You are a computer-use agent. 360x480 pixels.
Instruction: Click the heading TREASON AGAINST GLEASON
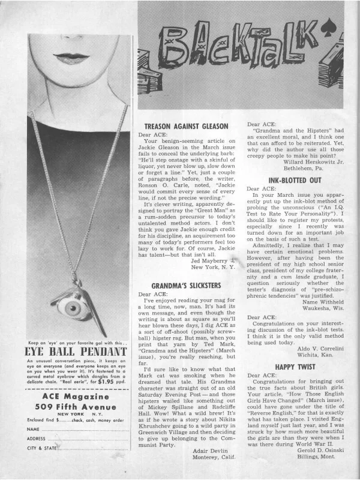pyautogui.click(x=186, y=127)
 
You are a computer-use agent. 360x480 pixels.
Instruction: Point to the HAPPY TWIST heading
pyautogui.click(x=296, y=365)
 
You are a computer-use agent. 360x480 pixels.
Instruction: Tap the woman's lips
pyautogui.click(x=71, y=58)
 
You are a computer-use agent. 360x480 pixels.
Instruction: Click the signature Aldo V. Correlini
pyautogui.click(x=312, y=348)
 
